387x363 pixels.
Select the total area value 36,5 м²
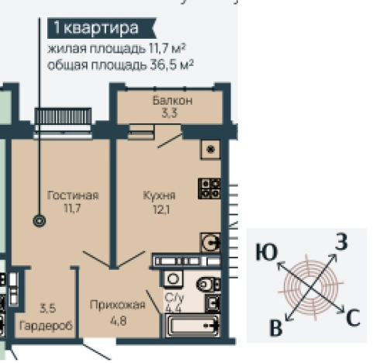coord(166,64)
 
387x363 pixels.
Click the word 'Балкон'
coord(171,102)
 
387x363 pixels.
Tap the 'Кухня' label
coord(159,195)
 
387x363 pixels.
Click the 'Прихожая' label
coord(117,305)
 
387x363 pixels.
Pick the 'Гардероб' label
coord(47,326)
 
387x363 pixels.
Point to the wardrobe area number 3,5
coord(47,305)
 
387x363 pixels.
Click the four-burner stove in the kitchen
coord(209,188)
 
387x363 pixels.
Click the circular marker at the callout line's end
coord(40,221)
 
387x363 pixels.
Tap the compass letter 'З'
coord(340,242)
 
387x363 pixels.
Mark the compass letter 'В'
coord(275,328)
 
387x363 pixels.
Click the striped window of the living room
coord(63,116)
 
